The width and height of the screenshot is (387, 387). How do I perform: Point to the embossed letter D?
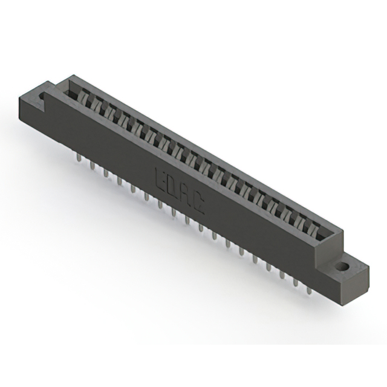click(x=173, y=186)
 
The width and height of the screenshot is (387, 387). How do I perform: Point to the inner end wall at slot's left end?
click(x=71, y=91)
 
